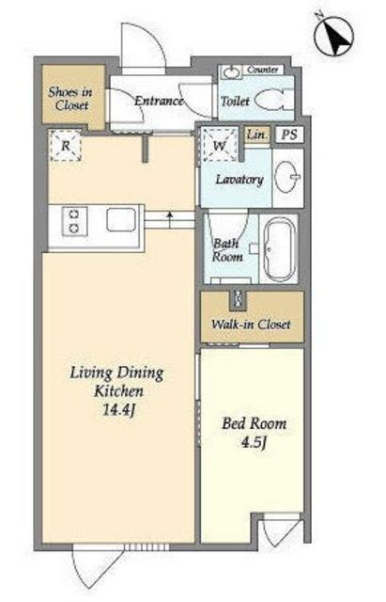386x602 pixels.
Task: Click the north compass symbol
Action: coord(333,36)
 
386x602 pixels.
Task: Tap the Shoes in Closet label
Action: coord(70,99)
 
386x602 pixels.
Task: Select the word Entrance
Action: coord(159,101)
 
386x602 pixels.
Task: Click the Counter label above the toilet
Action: coord(263,70)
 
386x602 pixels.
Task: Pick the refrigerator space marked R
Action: coord(66,146)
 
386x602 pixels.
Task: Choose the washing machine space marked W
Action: coord(220,145)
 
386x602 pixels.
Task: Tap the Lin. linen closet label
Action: coord(256,135)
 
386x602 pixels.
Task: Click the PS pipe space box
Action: coord(289,135)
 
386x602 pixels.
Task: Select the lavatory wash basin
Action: coord(288,177)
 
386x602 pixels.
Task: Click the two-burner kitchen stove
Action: coord(74,222)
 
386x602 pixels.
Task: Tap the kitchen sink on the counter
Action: coord(121,219)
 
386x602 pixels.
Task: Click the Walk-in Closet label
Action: coord(251,325)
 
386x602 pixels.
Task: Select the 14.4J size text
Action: coord(119,410)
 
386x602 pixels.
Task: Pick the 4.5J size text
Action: coord(254,443)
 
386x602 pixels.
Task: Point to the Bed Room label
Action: coord(255,424)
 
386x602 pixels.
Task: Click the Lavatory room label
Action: coord(239,180)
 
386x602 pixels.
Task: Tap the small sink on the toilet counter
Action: coord(231,71)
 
